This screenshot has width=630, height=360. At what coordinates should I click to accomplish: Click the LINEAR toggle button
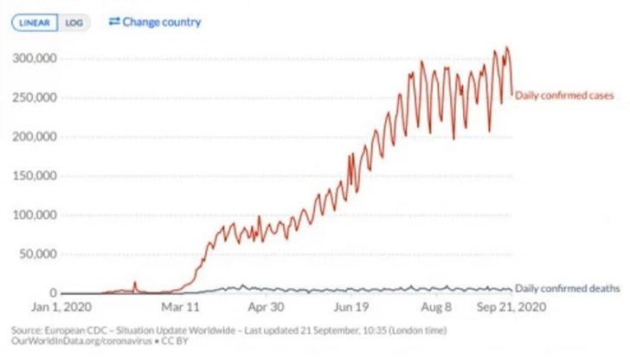point(35,22)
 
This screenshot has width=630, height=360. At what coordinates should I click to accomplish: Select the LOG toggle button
point(74,22)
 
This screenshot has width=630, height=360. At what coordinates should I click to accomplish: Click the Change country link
point(162,21)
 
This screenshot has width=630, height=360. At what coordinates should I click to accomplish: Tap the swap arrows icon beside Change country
point(114,21)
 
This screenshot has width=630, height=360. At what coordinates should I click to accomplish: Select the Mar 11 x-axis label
point(183,307)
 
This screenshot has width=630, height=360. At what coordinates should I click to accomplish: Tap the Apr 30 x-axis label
point(267,307)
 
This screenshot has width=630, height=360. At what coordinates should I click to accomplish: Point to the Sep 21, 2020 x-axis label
point(510,307)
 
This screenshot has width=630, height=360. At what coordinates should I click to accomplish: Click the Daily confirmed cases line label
point(564,95)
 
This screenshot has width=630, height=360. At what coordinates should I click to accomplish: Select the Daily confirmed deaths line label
point(567,288)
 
